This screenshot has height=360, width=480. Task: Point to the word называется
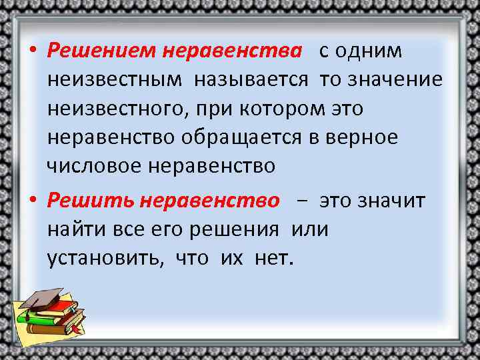pyautogui.click(x=251, y=80)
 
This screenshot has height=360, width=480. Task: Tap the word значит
pyautogui.click(x=393, y=201)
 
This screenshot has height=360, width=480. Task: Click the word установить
pyautogui.click(x=106, y=259)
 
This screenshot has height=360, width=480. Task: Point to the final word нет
pyautogui.click(x=273, y=259)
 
